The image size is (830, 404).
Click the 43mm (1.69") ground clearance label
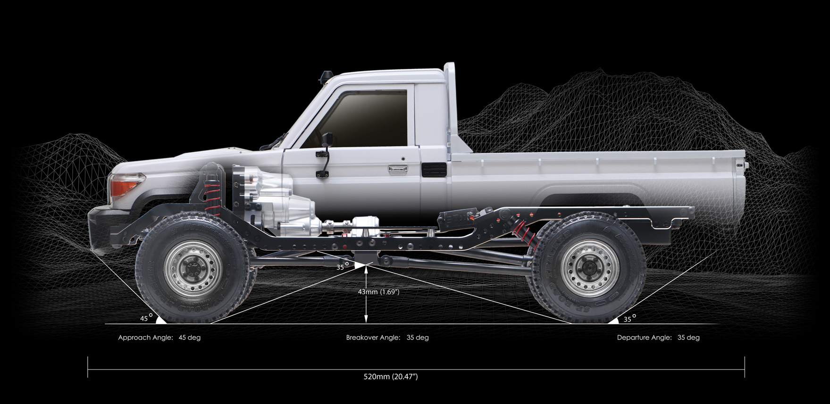tap(378, 292)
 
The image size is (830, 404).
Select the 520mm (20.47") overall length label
tap(391, 377)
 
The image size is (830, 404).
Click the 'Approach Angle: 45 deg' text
tap(159, 338)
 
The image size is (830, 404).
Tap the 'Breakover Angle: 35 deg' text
tap(387, 338)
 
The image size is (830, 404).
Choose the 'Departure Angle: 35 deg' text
tap(658, 338)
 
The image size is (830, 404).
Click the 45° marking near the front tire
tap(146, 318)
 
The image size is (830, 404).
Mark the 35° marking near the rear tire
tap(630, 318)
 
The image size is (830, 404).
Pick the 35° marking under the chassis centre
tap(343, 266)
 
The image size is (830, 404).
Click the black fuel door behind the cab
tap(433, 170)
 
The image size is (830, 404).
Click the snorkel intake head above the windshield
tap(326, 76)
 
